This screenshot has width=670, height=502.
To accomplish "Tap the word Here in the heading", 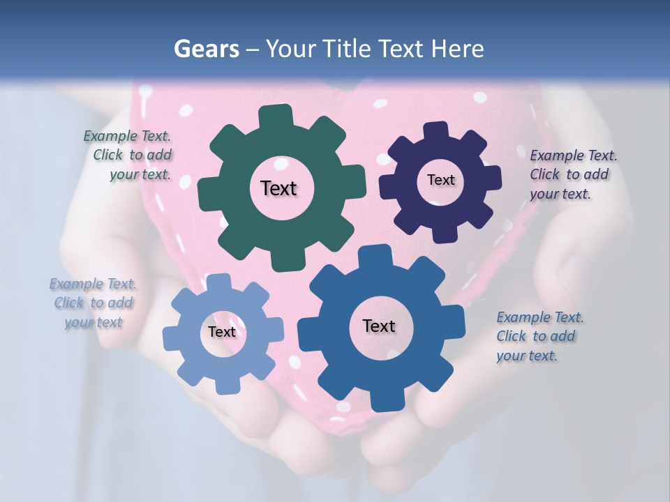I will coord(457,49).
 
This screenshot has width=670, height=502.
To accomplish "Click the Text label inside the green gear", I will coord(278,188).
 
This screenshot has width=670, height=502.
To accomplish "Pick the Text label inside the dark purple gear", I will coord(440,180).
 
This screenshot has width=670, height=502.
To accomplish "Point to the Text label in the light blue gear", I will coord(222,332).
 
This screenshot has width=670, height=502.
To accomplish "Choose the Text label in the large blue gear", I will coord(379,326).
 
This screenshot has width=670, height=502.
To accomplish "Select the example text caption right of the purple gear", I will coord(573,174).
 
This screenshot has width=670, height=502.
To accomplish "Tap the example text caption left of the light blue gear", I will coord(93,303).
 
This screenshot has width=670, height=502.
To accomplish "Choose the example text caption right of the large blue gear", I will coord(539,336).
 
